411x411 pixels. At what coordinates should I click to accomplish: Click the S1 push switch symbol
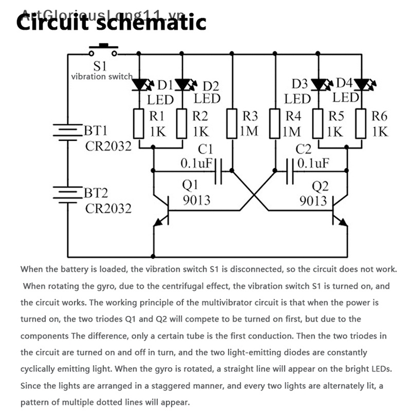[x=103, y=50]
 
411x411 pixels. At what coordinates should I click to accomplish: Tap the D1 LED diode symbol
[x=139, y=84]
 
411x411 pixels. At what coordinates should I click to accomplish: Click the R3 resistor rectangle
[x=232, y=123]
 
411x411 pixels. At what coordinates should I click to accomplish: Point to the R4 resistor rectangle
[x=276, y=123]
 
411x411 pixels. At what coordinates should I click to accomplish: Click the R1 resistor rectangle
[x=139, y=123]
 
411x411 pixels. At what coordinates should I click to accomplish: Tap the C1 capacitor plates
[x=219, y=170]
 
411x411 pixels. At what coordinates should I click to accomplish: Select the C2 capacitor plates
[x=288, y=170]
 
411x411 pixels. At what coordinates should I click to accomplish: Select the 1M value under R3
[x=249, y=132]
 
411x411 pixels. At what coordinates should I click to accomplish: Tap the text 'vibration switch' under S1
[x=101, y=77]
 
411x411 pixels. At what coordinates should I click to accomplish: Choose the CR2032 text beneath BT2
[x=108, y=208]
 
